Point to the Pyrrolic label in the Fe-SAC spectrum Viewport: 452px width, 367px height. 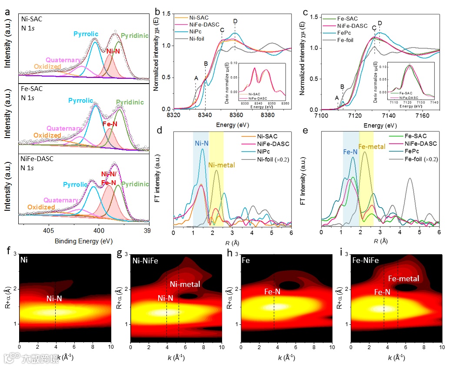click(x=80, y=101)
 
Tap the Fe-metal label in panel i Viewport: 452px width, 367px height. click(x=403, y=279)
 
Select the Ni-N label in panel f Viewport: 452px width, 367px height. click(x=55, y=299)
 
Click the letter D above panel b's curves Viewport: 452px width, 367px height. click(x=235, y=21)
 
